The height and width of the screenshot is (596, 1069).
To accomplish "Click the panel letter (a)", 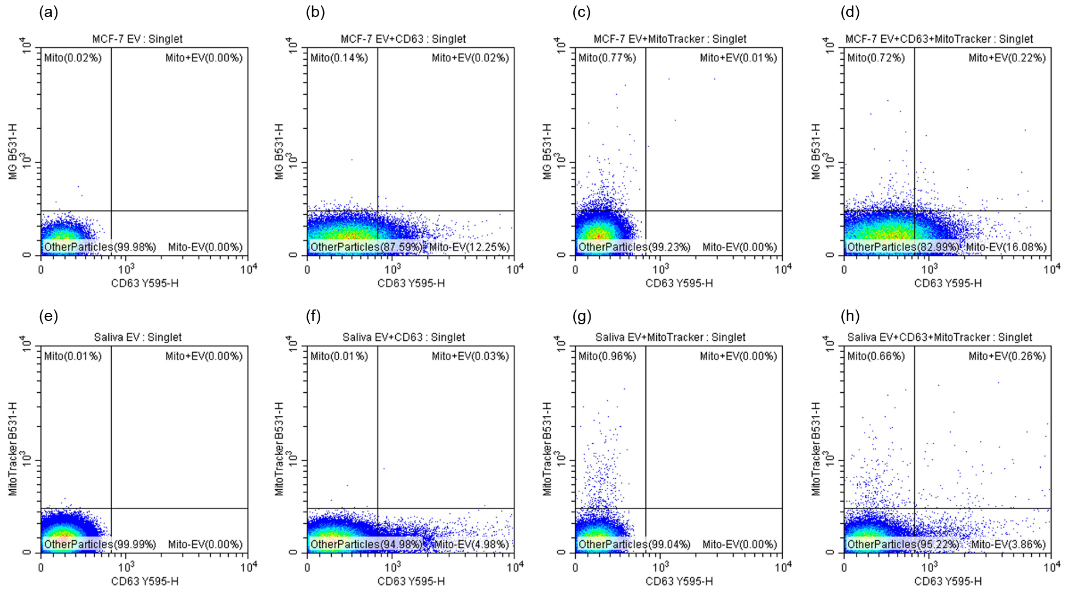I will point(48,13).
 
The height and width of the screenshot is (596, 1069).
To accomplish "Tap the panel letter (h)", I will point(850,316).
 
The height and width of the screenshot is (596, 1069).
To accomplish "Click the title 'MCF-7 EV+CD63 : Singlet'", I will point(403,39).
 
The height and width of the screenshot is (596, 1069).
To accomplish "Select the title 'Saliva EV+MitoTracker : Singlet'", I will point(670,337).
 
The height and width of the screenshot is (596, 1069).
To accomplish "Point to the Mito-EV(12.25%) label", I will point(469,247).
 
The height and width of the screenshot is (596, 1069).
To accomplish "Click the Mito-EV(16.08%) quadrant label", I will point(1006,247).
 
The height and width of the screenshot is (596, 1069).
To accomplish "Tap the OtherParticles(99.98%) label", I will point(100,247).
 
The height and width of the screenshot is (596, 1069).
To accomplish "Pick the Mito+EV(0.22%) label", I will point(1007,58).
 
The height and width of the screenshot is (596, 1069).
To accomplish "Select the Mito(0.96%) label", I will point(607,356).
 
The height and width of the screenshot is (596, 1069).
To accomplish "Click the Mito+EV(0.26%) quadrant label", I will point(1007,356).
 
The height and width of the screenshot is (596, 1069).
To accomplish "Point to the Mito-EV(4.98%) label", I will point(471,545).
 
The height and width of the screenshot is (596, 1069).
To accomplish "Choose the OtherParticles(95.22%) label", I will point(903,545).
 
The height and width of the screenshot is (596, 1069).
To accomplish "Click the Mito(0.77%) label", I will point(607,58).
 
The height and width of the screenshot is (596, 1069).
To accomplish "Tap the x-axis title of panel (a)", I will point(145,283).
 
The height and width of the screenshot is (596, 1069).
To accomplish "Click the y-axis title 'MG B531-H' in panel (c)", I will point(547,151).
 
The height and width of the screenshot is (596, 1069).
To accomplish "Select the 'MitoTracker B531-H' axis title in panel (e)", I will point(13,449).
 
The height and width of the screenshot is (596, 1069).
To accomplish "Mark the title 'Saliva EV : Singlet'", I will point(137,337).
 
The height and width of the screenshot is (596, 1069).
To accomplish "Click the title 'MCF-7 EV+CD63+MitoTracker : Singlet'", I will point(939,39).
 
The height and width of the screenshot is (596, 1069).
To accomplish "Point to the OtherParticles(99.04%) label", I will point(634,545).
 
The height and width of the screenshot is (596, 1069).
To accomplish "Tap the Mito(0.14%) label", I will point(339,58).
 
